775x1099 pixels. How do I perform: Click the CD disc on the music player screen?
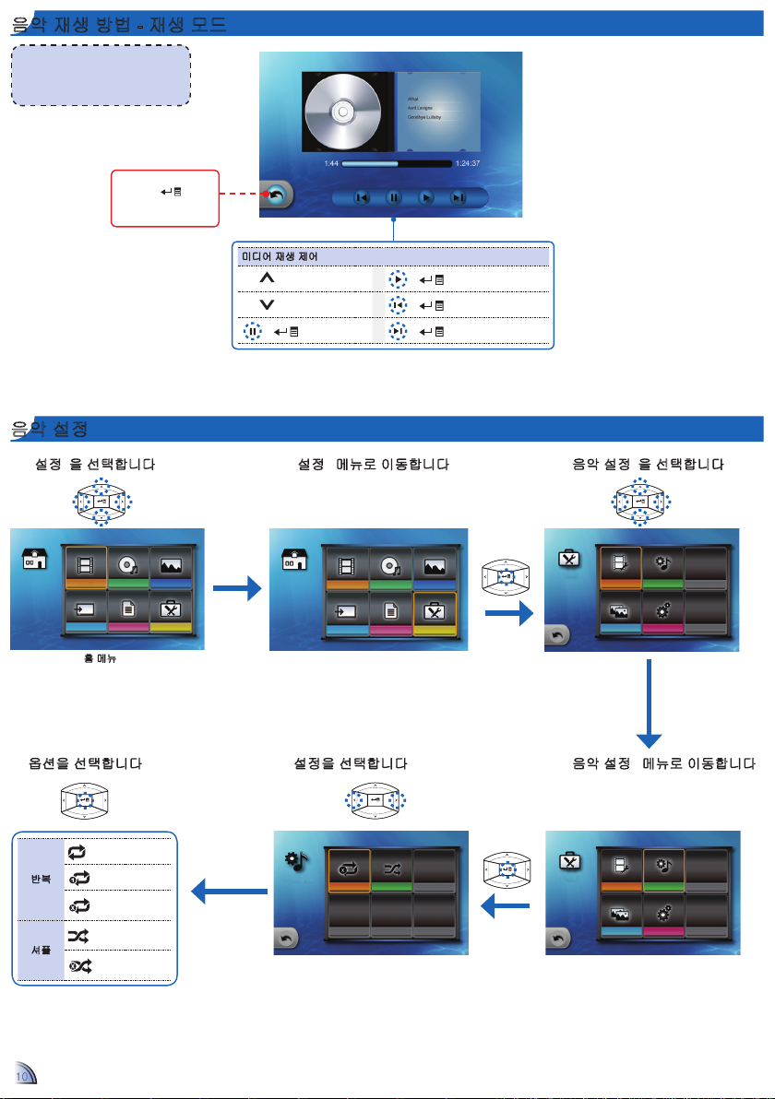[x=341, y=112]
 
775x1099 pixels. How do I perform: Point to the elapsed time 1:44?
[x=330, y=164]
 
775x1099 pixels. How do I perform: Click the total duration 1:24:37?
[x=468, y=164]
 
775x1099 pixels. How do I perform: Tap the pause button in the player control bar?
[x=393, y=197]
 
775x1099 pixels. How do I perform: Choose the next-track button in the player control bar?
[x=458, y=197]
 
